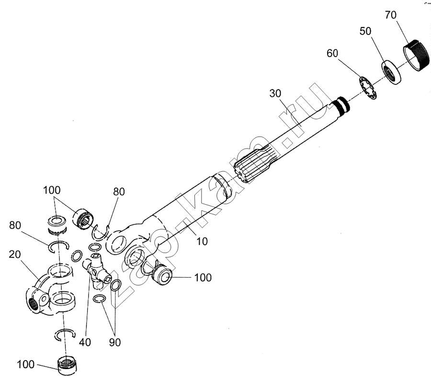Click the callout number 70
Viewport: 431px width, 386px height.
[391, 15]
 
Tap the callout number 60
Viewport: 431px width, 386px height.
[333, 53]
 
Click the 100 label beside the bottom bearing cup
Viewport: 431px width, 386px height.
[26, 364]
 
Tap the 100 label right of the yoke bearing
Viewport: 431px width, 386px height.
[202, 277]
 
